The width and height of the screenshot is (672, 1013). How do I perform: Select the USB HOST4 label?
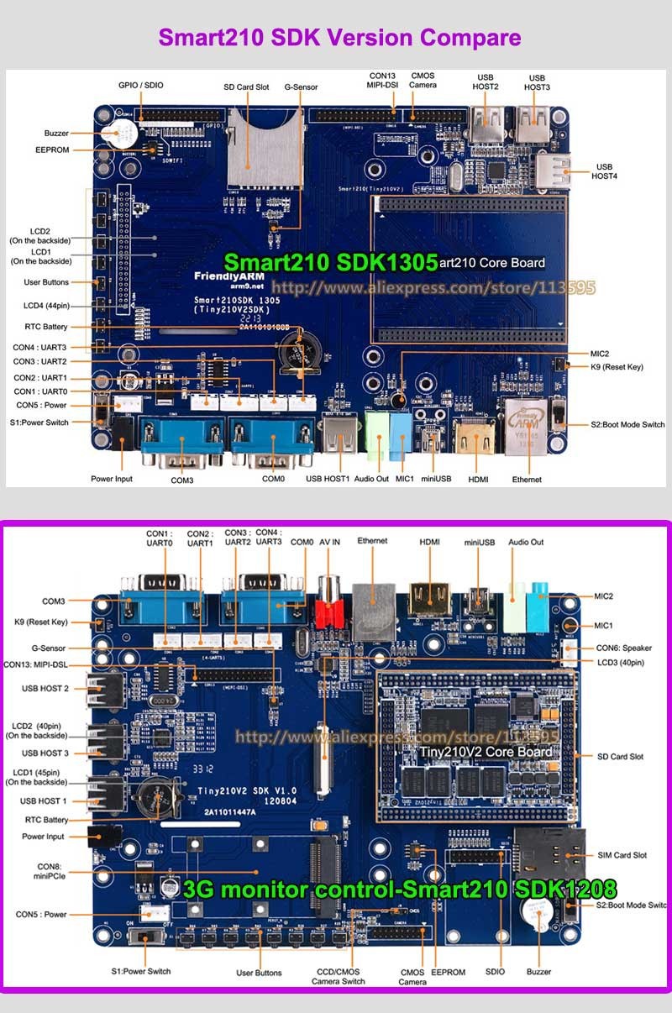(605, 171)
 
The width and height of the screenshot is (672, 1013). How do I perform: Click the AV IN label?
(329, 543)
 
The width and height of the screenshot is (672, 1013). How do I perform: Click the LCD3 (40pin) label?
(620, 663)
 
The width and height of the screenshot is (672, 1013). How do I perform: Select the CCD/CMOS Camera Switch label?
(339, 976)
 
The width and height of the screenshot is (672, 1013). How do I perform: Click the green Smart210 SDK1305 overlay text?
(330, 263)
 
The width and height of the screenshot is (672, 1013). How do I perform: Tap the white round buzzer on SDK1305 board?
(115, 132)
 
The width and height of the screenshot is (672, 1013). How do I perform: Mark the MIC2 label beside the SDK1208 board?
(604, 596)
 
